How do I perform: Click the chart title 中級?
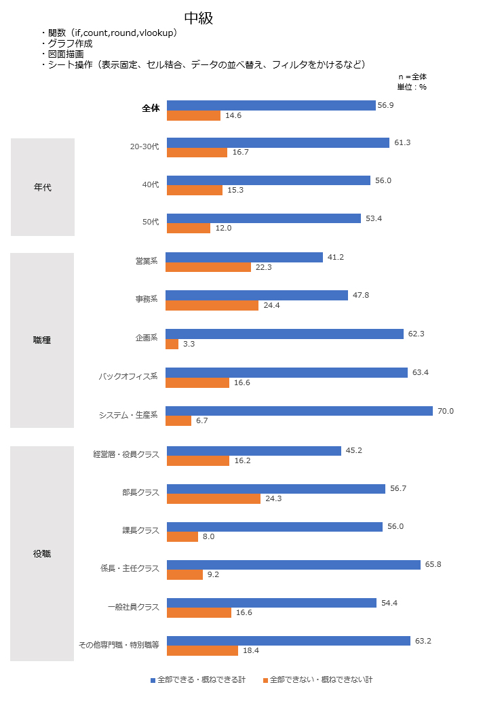point(199,18)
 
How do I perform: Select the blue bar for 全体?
point(271,105)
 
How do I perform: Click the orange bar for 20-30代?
point(197,153)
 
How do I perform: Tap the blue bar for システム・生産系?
point(299,411)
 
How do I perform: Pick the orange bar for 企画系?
point(172,344)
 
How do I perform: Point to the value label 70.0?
point(445,411)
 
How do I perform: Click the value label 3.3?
point(189,344)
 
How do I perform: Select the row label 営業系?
point(147,260)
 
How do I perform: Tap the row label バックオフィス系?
point(128,376)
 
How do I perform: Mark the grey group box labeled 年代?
point(42,187)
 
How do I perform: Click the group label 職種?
point(42,340)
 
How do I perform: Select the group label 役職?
point(42,554)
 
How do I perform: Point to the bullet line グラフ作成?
point(70,43)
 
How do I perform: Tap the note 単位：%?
point(412,87)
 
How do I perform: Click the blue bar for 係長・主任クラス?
point(294,565)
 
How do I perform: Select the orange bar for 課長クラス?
point(182,536)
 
